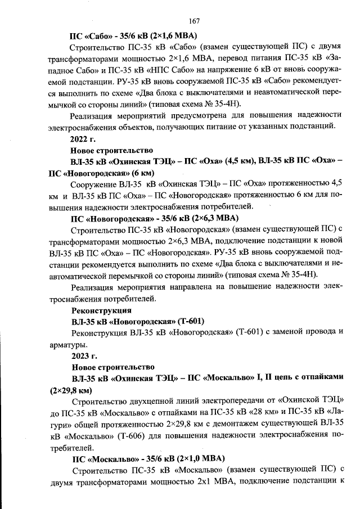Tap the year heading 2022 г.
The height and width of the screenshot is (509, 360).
point(84,138)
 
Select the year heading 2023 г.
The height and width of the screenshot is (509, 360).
point(84,356)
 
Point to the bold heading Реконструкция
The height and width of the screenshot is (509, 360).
point(101,310)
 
